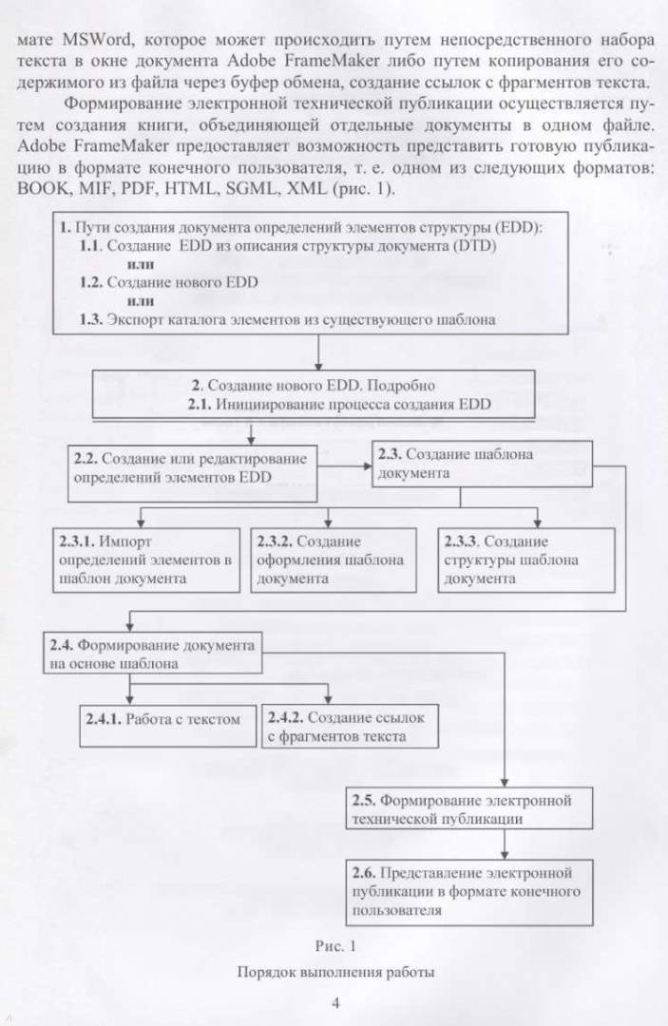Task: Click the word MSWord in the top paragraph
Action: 98,40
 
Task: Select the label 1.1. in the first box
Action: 91,246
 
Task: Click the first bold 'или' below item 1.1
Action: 141,265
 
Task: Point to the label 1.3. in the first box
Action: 91,320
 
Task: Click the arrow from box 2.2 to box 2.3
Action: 345,465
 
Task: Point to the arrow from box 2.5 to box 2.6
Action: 505,845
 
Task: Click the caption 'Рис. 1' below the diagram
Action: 335,946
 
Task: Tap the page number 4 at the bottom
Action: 335,1003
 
